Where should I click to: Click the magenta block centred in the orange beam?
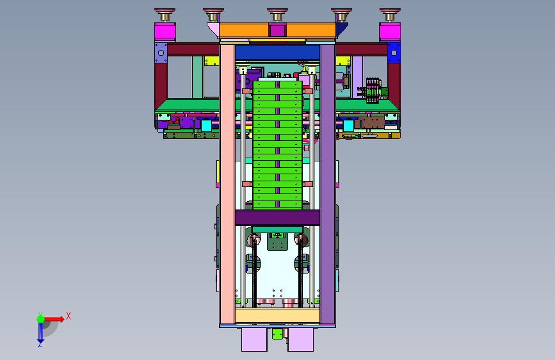(x=277, y=29)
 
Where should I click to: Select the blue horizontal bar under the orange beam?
(x=278, y=53)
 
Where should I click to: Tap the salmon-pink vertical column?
(x=227, y=184)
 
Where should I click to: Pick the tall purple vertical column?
(x=328, y=184)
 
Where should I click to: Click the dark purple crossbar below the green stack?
(x=278, y=218)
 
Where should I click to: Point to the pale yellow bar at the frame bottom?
(x=278, y=315)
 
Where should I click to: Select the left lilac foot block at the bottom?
(x=255, y=339)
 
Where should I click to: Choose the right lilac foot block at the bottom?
(x=300, y=339)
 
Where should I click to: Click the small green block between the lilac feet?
(x=278, y=334)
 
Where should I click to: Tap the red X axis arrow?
(x=53, y=319)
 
